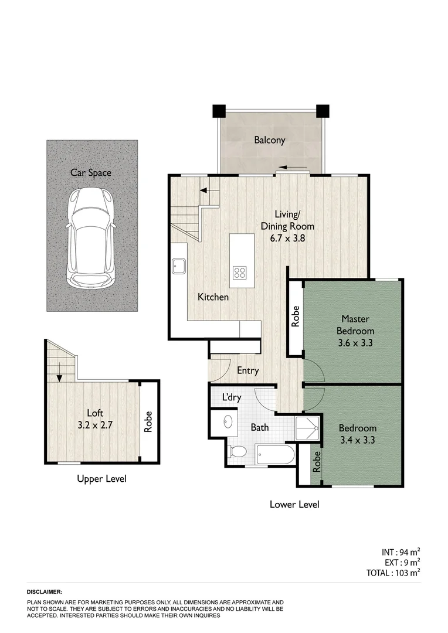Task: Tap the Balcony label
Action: (269, 140)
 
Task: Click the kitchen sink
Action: (179, 267)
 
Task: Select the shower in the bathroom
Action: (307, 429)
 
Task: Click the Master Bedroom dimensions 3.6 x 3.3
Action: (355, 343)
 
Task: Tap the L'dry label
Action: (230, 397)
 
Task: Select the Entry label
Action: (247, 370)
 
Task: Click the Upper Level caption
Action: (101, 479)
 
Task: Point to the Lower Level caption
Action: (294, 504)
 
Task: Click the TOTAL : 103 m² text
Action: (391, 573)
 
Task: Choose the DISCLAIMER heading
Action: (45, 593)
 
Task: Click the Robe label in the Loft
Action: (148, 421)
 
